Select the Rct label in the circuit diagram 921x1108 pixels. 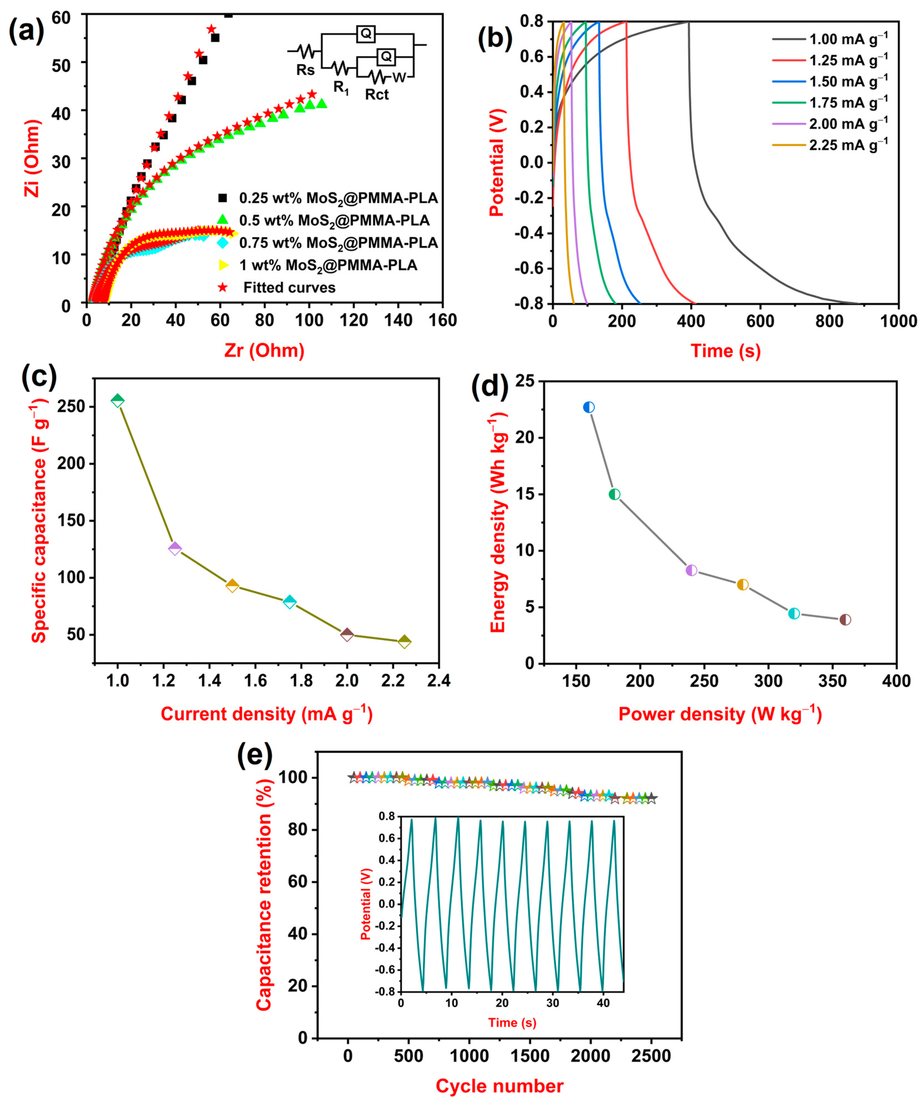pyautogui.click(x=376, y=95)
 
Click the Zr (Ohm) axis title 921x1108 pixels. pyautogui.click(x=264, y=350)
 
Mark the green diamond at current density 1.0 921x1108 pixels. pyautogui.click(x=118, y=400)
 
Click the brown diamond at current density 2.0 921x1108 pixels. pyautogui.click(x=347, y=634)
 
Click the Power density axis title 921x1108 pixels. pyautogui.click(x=720, y=714)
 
